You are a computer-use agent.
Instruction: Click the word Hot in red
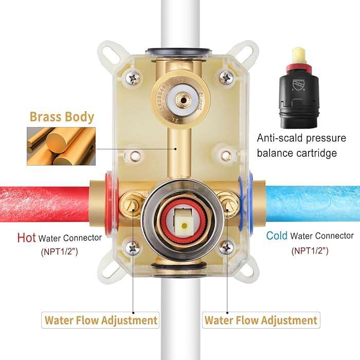coord(26,238)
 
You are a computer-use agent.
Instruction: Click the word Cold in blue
coord(277,236)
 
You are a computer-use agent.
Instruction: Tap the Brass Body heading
coord(62,117)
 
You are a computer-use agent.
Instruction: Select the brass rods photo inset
coord(61,146)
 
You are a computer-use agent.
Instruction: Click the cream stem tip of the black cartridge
coord(299,56)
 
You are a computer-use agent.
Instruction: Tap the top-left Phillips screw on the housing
coord(133,78)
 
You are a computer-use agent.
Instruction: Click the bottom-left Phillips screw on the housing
coord(133,248)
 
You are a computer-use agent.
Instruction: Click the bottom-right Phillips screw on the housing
coord(226,247)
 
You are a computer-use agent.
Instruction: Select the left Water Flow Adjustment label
coord(100,320)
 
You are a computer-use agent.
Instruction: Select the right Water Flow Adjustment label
coord(261,320)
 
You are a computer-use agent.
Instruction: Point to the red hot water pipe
coord(45,204)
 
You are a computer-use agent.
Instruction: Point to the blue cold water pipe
coord(313,204)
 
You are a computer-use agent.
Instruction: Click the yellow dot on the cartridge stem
coord(184,226)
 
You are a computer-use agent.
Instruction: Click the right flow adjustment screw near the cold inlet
coord(227,205)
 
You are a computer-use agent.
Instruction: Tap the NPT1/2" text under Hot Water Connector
coord(60,251)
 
